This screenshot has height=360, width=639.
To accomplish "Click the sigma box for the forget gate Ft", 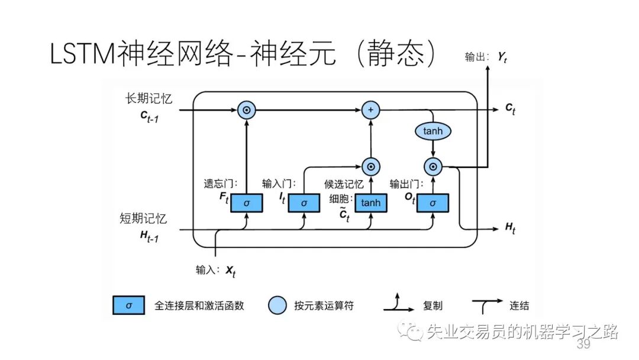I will (x=246, y=203).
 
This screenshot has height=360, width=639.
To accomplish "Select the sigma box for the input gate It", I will (x=304, y=203).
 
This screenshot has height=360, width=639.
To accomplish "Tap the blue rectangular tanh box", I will (x=371, y=203).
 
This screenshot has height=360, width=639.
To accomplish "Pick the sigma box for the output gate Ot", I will (x=433, y=203).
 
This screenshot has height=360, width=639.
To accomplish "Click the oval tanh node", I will (x=433, y=131).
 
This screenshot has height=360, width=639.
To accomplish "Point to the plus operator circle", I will (x=371, y=110).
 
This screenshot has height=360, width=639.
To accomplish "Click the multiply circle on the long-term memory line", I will (x=246, y=110).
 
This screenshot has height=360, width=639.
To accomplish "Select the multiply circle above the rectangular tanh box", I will (x=371, y=167).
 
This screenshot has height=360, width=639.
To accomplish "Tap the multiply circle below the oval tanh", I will (x=433, y=167).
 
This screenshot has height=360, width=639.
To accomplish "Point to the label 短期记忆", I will (x=143, y=218).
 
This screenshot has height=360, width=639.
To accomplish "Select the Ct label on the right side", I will (x=509, y=108).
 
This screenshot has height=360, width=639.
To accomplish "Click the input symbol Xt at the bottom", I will (x=230, y=271).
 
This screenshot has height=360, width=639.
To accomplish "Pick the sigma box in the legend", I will (x=129, y=306).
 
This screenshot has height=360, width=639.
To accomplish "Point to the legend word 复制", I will (x=433, y=306).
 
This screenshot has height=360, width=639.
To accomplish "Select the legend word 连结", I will (x=519, y=306).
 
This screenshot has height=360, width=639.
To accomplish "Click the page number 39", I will (x=583, y=345).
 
